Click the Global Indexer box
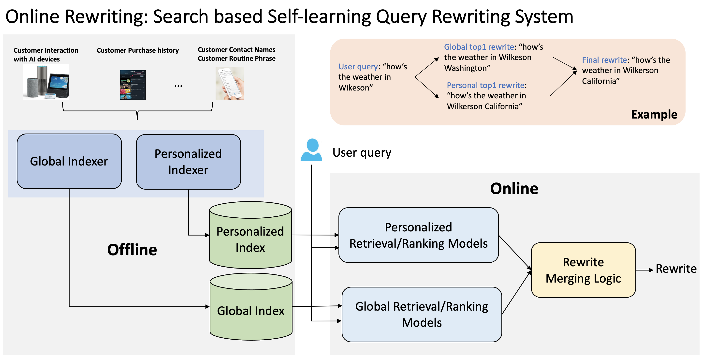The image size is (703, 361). [69, 161]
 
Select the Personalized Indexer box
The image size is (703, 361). [188, 162]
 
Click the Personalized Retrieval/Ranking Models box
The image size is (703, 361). [418, 235]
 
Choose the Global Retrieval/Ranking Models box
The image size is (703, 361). [422, 314]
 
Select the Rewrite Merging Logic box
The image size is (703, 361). [583, 270]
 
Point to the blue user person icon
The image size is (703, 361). [311, 150]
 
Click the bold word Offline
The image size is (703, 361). [132, 250]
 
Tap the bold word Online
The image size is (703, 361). [514, 188]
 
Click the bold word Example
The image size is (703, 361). [654, 114]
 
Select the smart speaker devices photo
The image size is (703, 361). [46, 82]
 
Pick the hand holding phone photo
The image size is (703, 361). [230, 83]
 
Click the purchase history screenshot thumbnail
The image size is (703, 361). [133, 85]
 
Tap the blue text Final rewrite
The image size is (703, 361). [604, 60]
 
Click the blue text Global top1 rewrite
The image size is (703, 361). [479, 47]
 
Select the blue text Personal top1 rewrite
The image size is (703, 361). [485, 85]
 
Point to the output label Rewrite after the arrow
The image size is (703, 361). [676, 269]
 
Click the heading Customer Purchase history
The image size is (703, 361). [138, 50]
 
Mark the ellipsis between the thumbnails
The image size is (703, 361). [178, 86]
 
